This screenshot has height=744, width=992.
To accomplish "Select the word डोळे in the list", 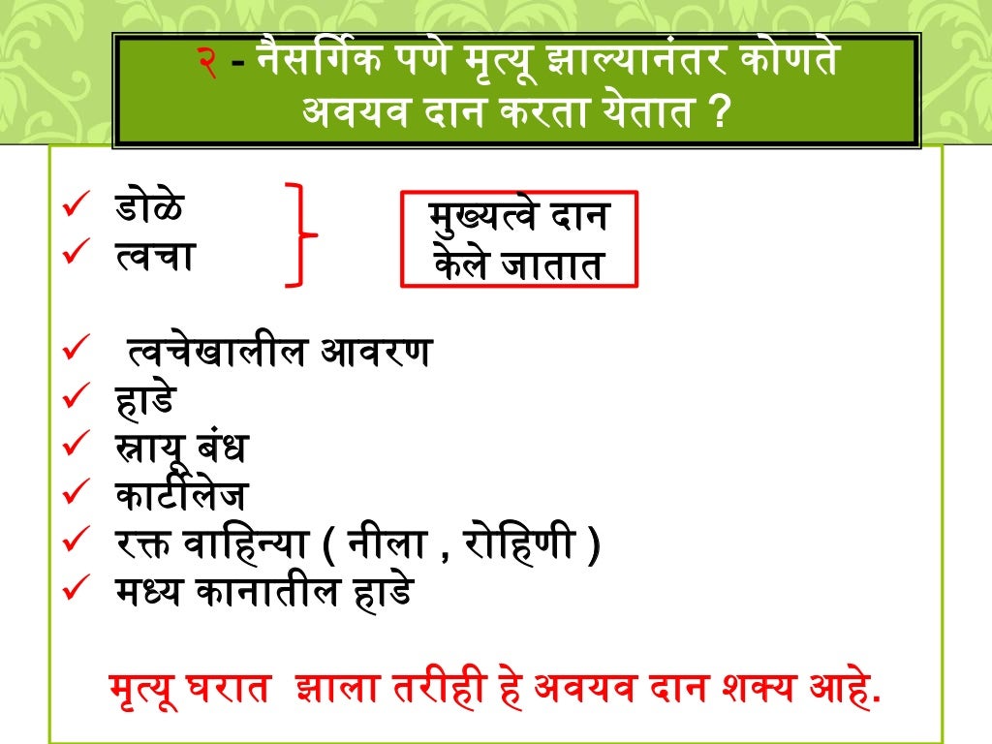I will (x=149, y=208).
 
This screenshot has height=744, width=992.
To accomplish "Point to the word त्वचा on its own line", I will (x=153, y=256).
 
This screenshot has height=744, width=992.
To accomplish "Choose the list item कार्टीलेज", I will (x=178, y=497).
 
